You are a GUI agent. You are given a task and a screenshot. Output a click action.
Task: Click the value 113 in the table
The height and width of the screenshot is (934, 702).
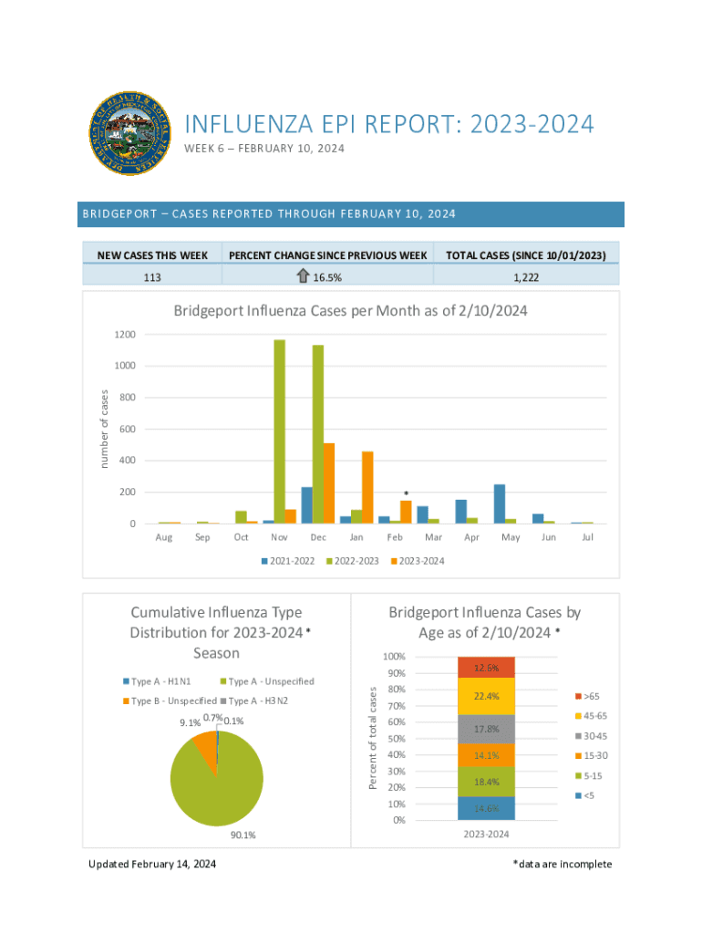click(152, 275)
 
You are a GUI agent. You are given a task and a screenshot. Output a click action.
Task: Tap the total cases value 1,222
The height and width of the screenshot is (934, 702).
click(527, 275)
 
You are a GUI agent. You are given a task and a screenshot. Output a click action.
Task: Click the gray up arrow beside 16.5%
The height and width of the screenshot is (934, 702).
click(304, 275)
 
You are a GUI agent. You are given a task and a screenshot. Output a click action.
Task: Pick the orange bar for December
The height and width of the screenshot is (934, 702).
click(329, 483)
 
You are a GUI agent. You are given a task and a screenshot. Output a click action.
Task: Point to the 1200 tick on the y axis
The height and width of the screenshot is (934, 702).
click(126, 335)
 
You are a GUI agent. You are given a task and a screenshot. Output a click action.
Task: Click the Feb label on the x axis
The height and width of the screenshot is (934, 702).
click(395, 537)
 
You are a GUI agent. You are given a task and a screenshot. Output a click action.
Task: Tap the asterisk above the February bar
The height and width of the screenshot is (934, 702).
click(406, 493)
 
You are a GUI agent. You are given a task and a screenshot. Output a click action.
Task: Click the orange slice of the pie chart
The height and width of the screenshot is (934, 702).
click(207, 751)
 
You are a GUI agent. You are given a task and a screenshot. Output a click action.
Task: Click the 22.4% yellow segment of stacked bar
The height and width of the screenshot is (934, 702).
click(487, 697)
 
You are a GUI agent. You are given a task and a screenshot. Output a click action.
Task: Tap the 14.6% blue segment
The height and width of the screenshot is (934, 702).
click(487, 808)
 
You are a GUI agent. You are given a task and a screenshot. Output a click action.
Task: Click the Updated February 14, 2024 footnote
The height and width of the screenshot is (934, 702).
click(152, 864)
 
